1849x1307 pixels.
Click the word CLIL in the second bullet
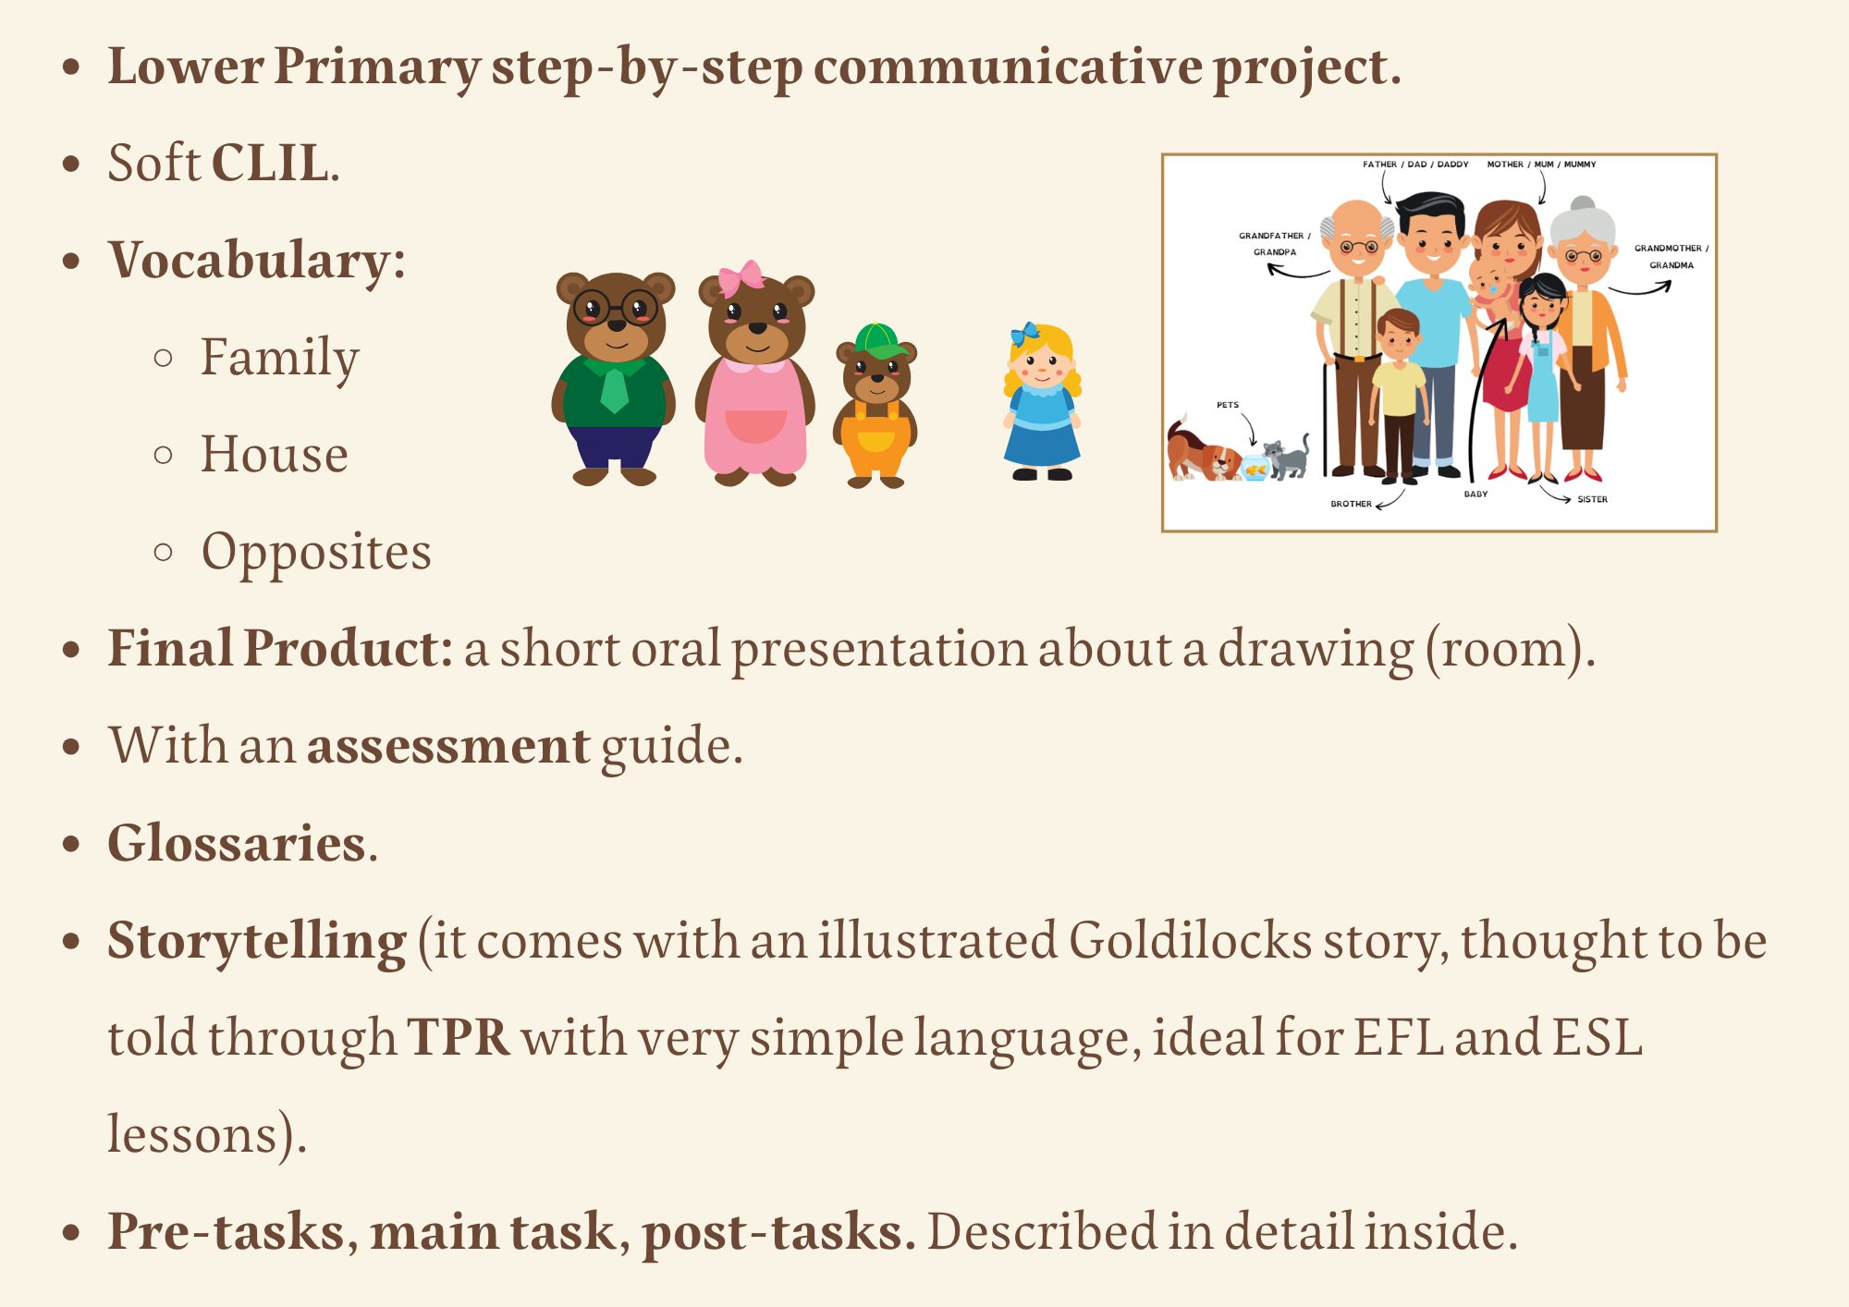(269, 163)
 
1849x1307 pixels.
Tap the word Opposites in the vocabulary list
(316, 554)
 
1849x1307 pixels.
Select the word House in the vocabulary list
(275, 454)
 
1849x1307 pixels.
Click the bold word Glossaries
(237, 843)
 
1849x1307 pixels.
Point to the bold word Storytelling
(257, 942)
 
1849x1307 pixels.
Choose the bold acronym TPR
(459, 1038)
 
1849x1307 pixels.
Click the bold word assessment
(447, 747)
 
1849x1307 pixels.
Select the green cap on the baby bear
(877, 341)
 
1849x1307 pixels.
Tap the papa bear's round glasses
(616, 307)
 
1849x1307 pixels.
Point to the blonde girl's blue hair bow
(1025, 334)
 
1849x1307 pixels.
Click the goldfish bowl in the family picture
(1255, 468)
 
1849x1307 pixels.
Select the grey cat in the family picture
(1287, 457)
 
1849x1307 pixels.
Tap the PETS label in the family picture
(1228, 405)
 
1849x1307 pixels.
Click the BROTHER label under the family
(1351, 504)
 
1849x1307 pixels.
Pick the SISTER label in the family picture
(1592, 499)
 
